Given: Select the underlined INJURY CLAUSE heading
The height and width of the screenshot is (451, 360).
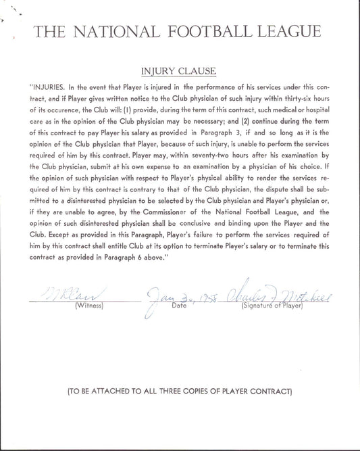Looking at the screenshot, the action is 178,70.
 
